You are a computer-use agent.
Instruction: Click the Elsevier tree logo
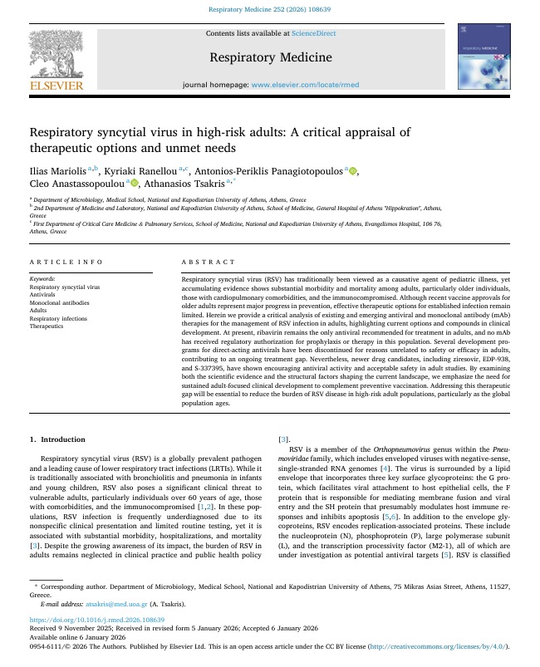click(x=56, y=55)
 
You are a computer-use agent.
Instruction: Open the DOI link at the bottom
click(x=97, y=620)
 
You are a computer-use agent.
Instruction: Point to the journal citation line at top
click(x=269, y=12)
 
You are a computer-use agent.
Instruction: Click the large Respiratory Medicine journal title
click(x=269, y=57)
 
